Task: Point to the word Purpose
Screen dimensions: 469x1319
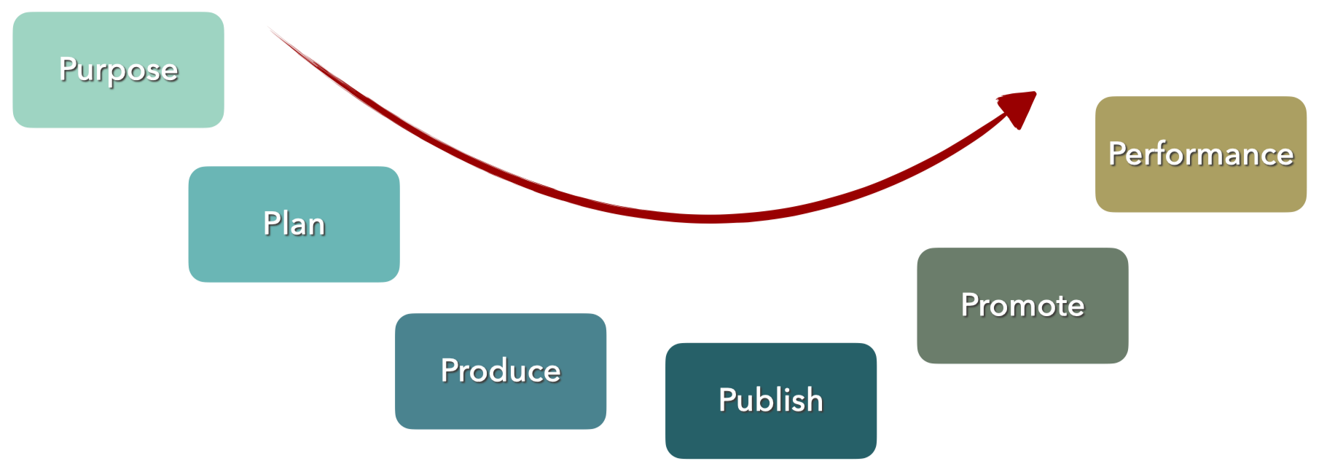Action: coord(119,70)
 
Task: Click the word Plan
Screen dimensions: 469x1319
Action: coord(294,224)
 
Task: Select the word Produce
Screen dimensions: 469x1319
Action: coord(501,371)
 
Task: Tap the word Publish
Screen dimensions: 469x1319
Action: coord(770,400)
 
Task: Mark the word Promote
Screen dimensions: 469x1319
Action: coord(1022,305)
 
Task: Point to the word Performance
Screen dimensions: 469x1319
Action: coord(1200,154)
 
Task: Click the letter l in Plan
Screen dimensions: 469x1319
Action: coord(285,223)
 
